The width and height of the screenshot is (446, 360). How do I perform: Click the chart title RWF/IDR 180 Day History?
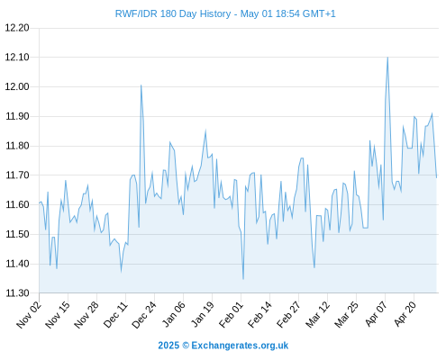click(173, 13)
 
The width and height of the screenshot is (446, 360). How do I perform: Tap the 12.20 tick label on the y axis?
click(17, 28)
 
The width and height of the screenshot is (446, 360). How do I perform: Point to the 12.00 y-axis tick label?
click(17, 86)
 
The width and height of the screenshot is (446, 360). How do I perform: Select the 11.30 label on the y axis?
click(17, 293)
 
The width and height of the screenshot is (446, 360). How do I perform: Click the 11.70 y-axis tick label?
click(17, 175)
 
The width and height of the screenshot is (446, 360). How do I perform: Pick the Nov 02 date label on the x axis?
click(29, 315)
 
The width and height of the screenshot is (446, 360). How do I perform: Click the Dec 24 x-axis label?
click(144, 315)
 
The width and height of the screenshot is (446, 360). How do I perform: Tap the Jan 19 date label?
click(203, 314)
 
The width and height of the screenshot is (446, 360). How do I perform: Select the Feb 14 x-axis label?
click(259, 315)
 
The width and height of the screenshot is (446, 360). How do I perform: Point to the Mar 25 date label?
click(346, 315)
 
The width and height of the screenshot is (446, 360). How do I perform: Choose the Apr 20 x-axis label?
click(405, 314)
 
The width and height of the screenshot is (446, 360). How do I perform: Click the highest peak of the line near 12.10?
click(387, 58)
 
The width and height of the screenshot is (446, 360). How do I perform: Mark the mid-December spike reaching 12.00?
click(141, 85)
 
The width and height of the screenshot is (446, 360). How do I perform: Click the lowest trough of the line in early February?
click(243, 279)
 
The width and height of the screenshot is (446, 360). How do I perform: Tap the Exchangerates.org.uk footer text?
click(240, 346)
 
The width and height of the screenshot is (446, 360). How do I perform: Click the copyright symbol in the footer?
click(186, 346)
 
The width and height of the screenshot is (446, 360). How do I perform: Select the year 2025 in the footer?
click(168, 346)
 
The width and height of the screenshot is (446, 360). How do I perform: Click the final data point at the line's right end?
click(437, 177)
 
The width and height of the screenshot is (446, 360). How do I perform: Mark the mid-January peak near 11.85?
click(205, 130)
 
